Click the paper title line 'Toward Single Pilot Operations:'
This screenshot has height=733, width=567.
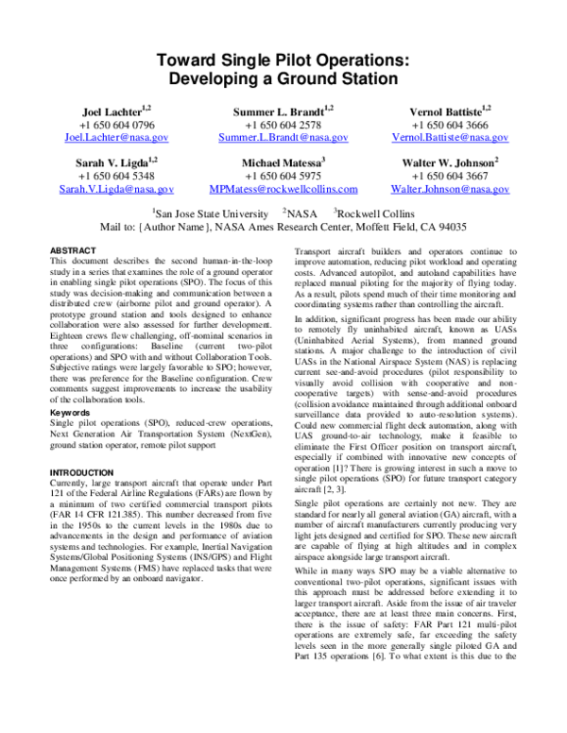click(x=283, y=59)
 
